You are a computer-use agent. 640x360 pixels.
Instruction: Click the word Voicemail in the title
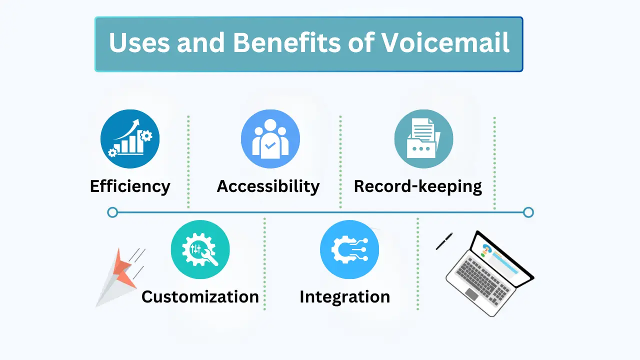click(x=445, y=43)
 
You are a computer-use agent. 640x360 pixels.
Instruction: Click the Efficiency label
click(x=130, y=186)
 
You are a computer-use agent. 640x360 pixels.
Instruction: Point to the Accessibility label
click(x=268, y=186)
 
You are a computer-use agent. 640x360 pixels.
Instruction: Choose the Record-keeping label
click(x=418, y=186)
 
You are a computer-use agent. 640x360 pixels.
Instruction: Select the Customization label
click(x=200, y=296)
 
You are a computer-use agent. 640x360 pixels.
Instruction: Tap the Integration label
click(x=344, y=296)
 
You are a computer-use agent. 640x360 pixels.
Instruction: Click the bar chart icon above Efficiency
click(x=130, y=139)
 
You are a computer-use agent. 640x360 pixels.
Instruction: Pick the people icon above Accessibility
click(x=270, y=139)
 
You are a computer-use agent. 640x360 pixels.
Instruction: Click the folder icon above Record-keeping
click(x=423, y=139)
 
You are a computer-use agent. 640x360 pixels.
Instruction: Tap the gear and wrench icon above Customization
click(x=200, y=249)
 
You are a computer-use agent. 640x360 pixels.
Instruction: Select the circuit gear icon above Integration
click(x=349, y=249)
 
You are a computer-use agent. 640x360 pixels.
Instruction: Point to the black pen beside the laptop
click(x=444, y=241)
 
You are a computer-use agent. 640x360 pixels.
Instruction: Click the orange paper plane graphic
click(x=120, y=275)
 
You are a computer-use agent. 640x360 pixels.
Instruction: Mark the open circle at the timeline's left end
click(x=112, y=212)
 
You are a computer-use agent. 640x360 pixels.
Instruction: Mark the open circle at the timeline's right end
click(x=528, y=212)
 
